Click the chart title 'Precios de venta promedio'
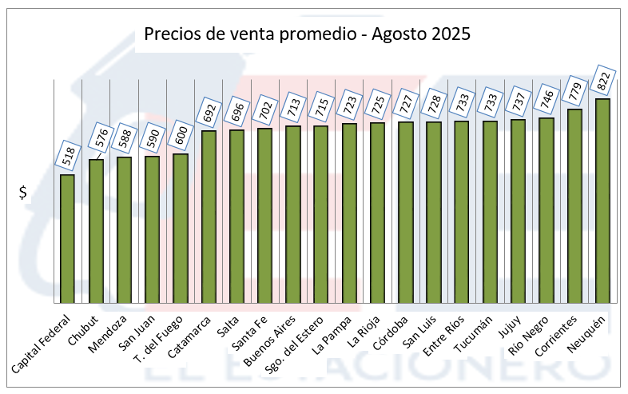[307, 34]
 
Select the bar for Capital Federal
[67, 239]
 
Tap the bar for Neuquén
[602, 201]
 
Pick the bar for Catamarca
[209, 217]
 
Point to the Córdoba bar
[406, 213]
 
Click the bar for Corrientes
[574, 206]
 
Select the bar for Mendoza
[124, 230]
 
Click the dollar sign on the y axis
[23, 193]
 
